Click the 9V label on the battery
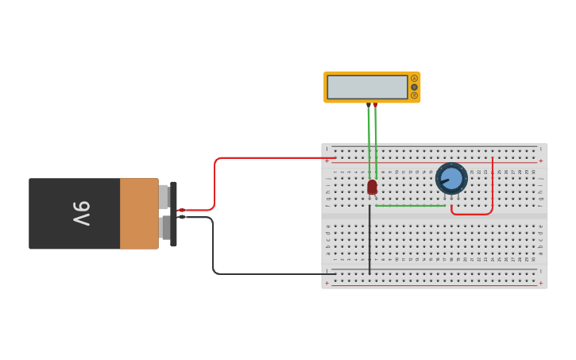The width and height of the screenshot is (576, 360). pyautogui.click(x=82, y=214)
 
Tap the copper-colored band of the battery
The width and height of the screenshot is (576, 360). pyautogui.click(x=139, y=214)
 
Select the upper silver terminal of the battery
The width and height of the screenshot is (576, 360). pyautogui.click(x=164, y=196)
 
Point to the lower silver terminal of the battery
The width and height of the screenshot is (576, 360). pyautogui.click(x=164, y=228)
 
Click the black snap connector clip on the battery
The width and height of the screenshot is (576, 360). pyautogui.click(x=173, y=213)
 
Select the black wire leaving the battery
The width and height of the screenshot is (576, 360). pyautogui.click(x=213, y=246)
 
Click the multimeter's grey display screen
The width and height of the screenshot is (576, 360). pyautogui.click(x=367, y=87)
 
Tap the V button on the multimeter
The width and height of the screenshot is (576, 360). pyautogui.click(x=414, y=87)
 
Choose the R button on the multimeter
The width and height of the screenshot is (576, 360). pyautogui.click(x=414, y=95)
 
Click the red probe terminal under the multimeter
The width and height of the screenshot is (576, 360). pyautogui.click(x=375, y=106)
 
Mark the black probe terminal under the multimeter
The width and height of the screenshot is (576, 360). pyautogui.click(x=369, y=106)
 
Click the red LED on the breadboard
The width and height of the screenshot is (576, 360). pyautogui.click(x=372, y=187)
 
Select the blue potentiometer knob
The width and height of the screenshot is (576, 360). pyautogui.click(x=451, y=178)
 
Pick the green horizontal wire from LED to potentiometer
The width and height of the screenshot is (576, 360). pyautogui.click(x=409, y=206)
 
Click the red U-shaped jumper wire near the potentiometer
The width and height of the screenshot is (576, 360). pyautogui.click(x=472, y=214)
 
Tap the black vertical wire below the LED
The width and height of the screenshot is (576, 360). pyautogui.click(x=369, y=238)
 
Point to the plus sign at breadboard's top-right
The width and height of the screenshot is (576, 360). pyautogui.click(x=541, y=161)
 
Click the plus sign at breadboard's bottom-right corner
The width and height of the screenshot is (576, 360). pyautogui.click(x=541, y=283)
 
